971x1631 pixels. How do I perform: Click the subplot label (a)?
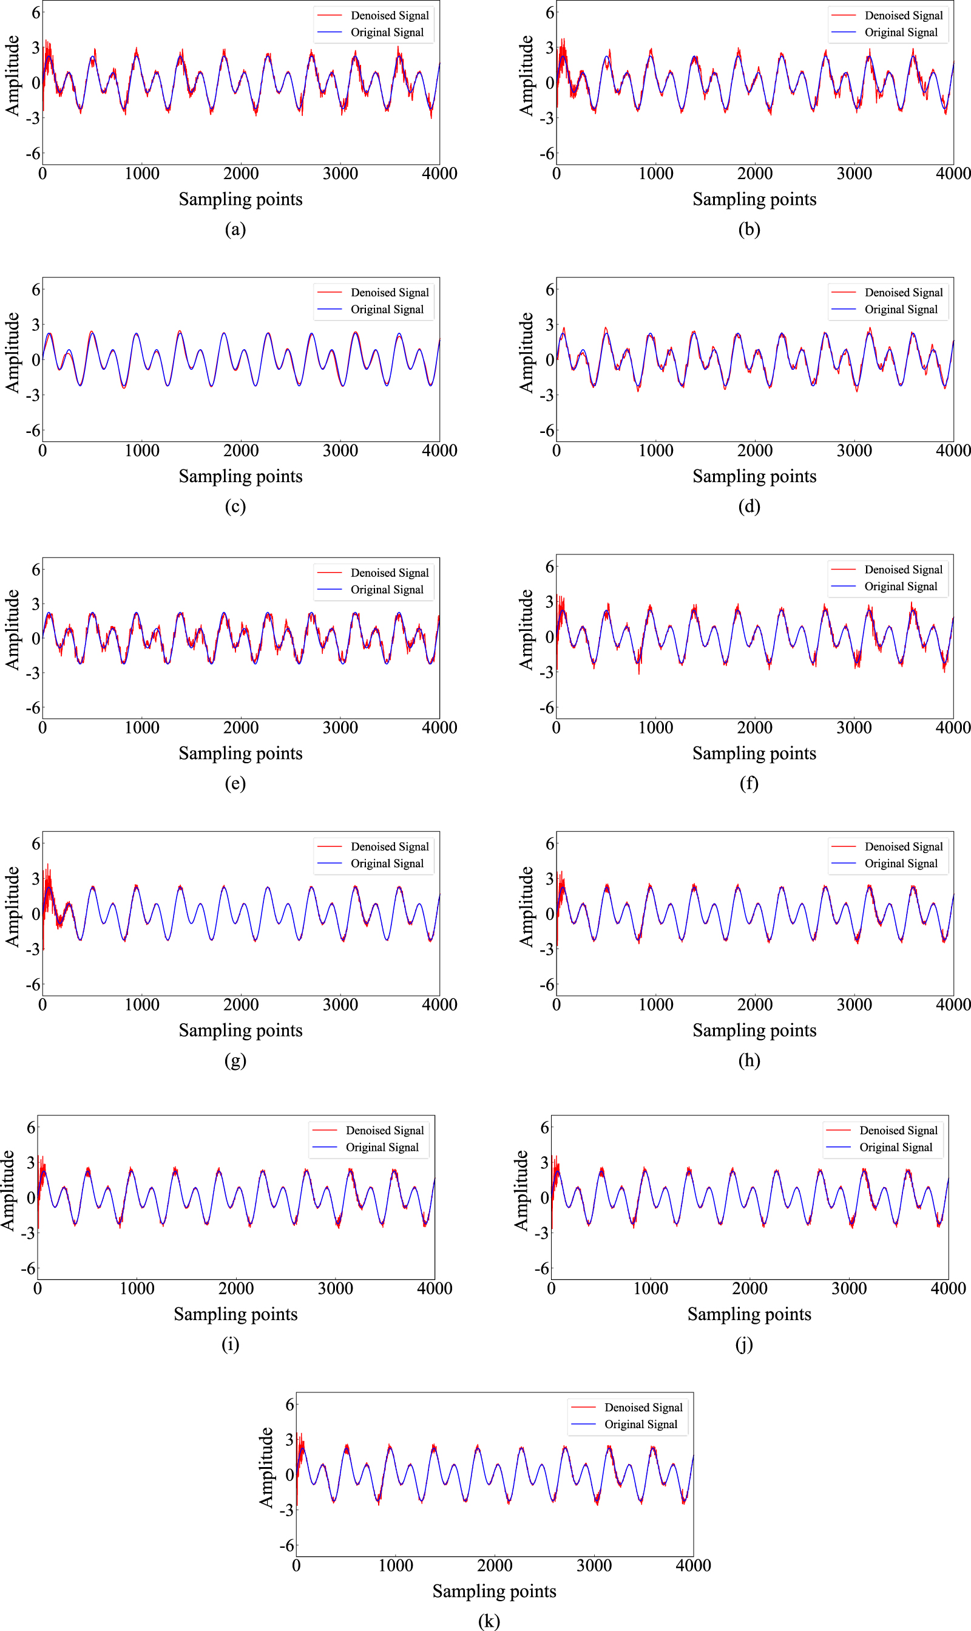(235, 229)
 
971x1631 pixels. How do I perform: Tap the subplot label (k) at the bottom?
(489, 1621)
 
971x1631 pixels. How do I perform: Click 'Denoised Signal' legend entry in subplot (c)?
(390, 293)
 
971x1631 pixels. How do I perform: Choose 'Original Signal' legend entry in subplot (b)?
(901, 32)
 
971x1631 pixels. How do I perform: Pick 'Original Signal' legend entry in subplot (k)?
(641, 1424)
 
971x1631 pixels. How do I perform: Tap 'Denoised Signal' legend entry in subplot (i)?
(385, 1130)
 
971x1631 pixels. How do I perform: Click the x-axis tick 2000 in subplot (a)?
(241, 174)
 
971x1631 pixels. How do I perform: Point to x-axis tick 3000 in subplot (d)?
(854, 451)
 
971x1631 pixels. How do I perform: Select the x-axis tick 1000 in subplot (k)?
(395, 1565)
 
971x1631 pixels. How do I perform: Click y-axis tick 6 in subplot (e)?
(36, 570)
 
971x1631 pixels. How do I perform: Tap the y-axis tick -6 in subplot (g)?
(33, 984)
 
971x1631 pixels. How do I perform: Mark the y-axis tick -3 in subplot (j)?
(541, 1233)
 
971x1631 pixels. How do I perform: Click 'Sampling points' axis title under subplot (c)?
(240, 476)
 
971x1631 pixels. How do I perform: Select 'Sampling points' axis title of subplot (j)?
(749, 1313)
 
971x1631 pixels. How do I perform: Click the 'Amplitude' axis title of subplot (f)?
(526, 629)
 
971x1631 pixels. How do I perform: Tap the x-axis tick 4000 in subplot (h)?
(953, 1004)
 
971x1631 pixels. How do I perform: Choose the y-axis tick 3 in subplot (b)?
(550, 47)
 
